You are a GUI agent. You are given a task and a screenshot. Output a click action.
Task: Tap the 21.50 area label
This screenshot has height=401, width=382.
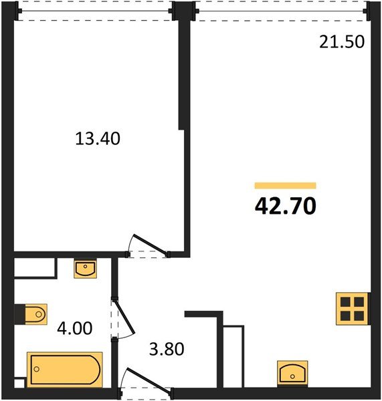pos(341,42)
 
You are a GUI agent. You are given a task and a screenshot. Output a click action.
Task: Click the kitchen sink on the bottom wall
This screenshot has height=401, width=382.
pos(292,372)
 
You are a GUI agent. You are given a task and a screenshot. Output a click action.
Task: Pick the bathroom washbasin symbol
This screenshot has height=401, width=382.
pos(85,269)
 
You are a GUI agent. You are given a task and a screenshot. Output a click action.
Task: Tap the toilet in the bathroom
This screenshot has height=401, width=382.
pos(32,312)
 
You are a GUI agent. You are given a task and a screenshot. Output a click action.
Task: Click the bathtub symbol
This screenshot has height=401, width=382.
pos(64,368)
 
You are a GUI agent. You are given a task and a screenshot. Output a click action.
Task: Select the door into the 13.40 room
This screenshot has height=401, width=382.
pos(149,245)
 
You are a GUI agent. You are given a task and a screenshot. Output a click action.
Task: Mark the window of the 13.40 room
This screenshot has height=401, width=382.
pos(94,11)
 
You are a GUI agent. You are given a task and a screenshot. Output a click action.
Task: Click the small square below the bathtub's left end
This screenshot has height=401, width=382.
pos(19,384)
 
